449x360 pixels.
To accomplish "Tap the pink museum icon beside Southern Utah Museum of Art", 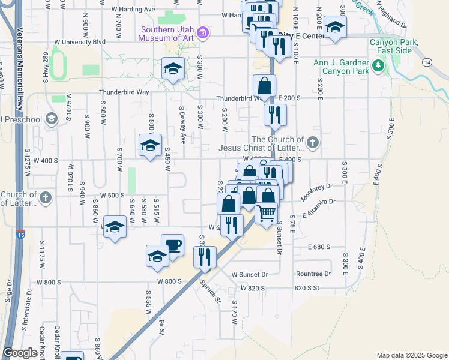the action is pyautogui.click(x=203, y=32).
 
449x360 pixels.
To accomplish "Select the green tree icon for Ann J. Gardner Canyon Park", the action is pyautogui.click(x=378, y=65).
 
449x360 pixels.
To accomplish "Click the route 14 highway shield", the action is pyautogui.click(x=427, y=62).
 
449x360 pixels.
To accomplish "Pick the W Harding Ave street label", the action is pyautogui.click(x=133, y=10).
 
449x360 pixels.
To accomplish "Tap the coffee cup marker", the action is pyautogui.click(x=173, y=245).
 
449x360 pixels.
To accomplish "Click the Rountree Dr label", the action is pyautogui.click(x=313, y=274).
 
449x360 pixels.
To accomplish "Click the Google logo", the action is pyautogui.click(x=20, y=353).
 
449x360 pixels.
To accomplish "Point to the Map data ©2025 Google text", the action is pyautogui.click(x=412, y=355).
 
